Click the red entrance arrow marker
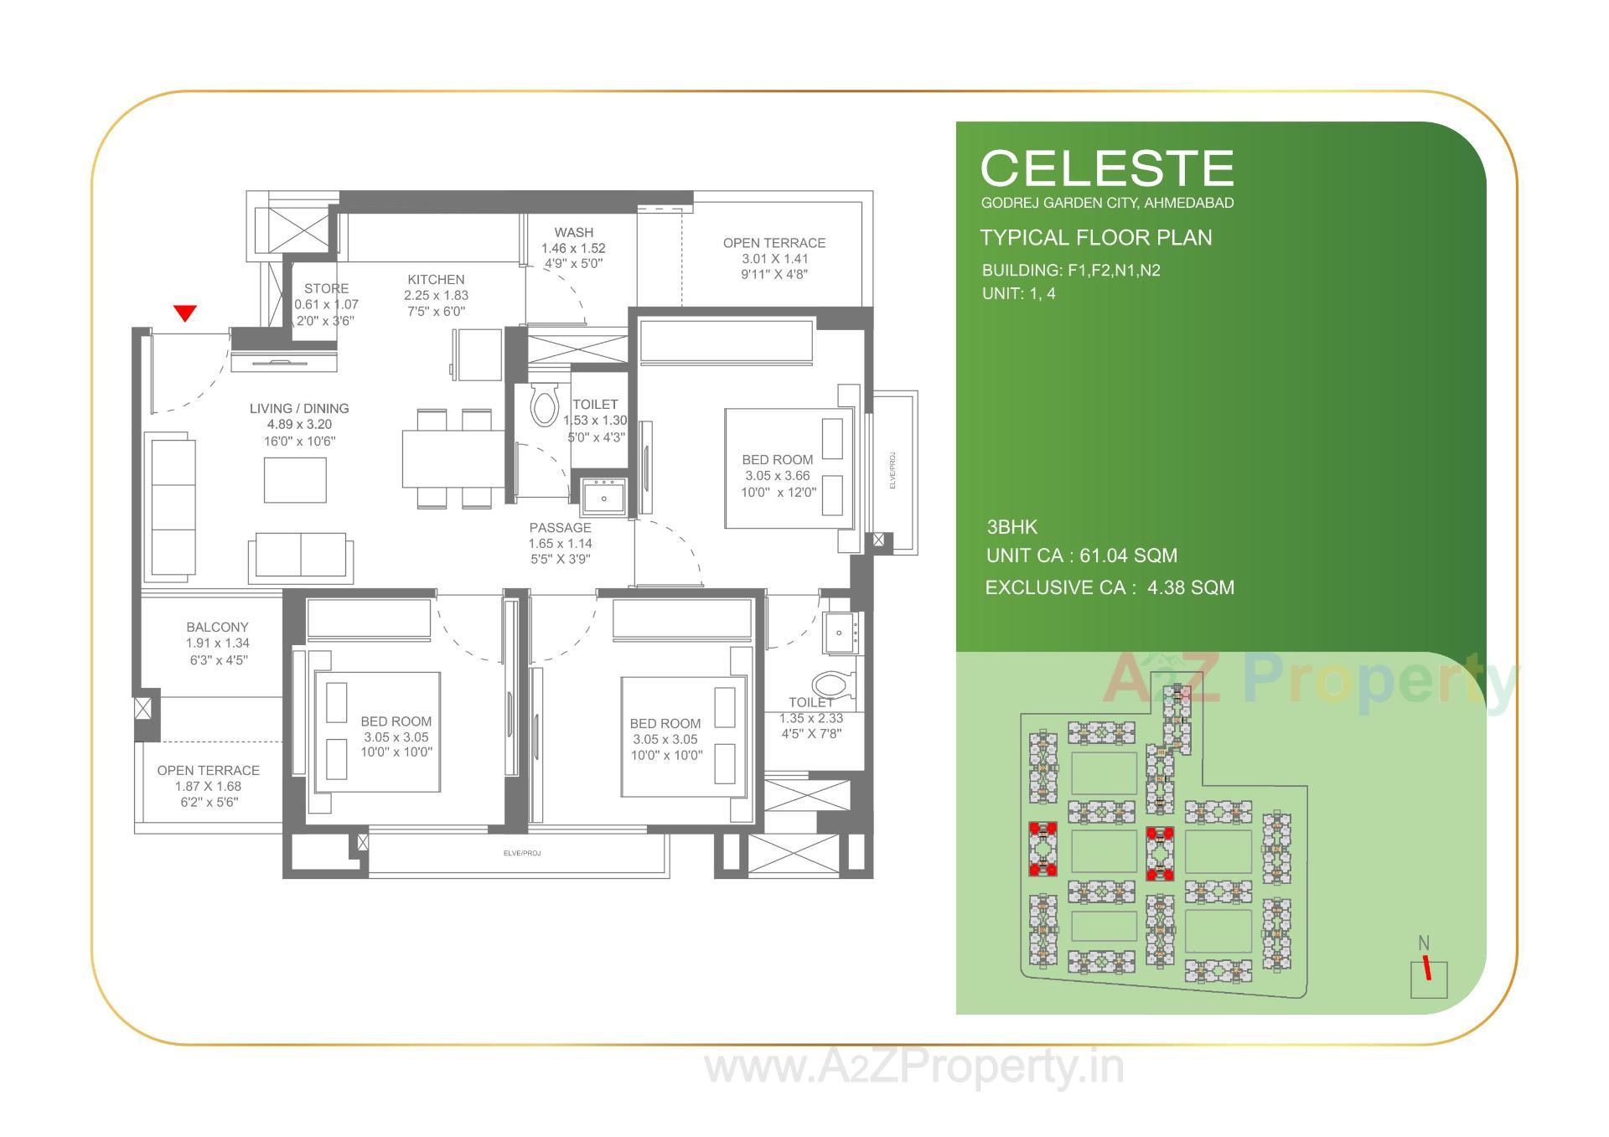[x=185, y=313]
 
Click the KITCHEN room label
[x=436, y=280]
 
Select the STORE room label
[x=326, y=288]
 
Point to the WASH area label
[x=573, y=232]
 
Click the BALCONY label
[x=217, y=627]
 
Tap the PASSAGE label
[x=560, y=528]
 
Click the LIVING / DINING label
[x=299, y=409]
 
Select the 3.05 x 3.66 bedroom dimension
[x=777, y=476]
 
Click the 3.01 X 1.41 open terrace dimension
[x=774, y=259]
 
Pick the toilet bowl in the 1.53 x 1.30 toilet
[x=545, y=406]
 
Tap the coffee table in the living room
[x=295, y=480]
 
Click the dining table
[x=453, y=458]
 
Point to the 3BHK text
[x=1011, y=527]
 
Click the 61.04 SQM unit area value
[x=1128, y=556]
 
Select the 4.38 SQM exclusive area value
[x=1190, y=587]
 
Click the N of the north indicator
[x=1423, y=943]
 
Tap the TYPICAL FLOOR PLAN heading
[x=1095, y=238]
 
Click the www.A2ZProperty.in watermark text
[x=913, y=1068]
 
